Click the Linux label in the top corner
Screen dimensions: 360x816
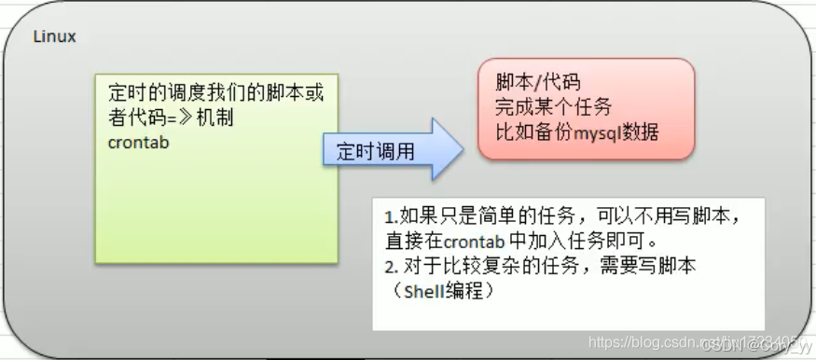[x=54, y=37]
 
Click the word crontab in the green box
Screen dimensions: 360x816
[x=139, y=143]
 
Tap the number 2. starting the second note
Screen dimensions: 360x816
[x=391, y=266]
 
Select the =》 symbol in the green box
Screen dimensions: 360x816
[x=203, y=118]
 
